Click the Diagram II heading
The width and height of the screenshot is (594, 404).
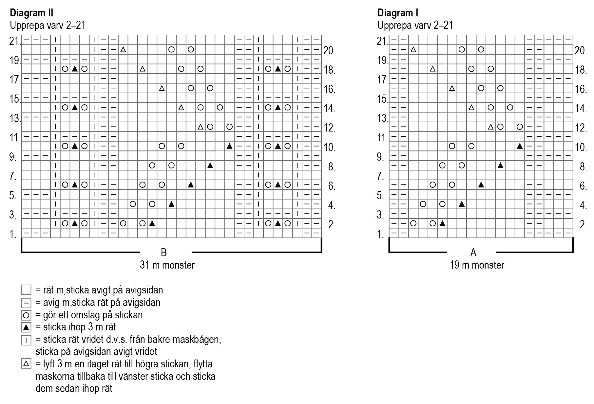pyautogui.click(x=31, y=13)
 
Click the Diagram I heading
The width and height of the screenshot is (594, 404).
pyautogui.click(x=397, y=13)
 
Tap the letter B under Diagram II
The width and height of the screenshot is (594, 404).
pyautogui.click(x=163, y=253)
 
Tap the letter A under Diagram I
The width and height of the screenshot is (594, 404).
pyautogui.click(x=473, y=253)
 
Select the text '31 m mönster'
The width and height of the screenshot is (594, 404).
pyautogui.click(x=167, y=265)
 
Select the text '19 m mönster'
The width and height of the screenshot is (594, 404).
pyautogui.click(x=477, y=265)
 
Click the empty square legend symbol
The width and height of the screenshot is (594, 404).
pyautogui.click(x=26, y=290)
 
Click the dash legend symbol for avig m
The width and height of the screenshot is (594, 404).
pyautogui.click(x=26, y=303)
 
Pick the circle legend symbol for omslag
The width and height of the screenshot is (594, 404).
pyautogui.click(x=26, y=315)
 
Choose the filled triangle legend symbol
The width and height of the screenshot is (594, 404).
pyautogui.click(x=26, y=327)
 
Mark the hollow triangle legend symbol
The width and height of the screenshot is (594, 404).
pyautogui.click(x=26, y=364)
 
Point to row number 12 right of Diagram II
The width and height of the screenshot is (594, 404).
pyautogui.click(x=329, y=128)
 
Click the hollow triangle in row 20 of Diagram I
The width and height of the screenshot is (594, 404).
pyautogui.click(x=413, y=50)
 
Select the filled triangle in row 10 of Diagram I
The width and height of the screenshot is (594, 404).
pyautogui.click(x=519, y=146)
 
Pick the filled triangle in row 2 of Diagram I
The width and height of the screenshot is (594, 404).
pyautogui.click(x=442, y=223)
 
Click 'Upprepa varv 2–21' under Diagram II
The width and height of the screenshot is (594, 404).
pyautogui.click(x=48, y=26)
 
